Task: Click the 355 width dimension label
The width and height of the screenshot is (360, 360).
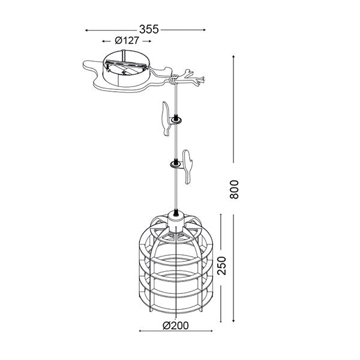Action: pos(149,29)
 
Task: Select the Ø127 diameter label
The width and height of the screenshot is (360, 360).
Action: pos(127,41)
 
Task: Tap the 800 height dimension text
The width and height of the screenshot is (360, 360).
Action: pos(234,190)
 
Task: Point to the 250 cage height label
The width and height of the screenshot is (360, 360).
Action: pos(222,266)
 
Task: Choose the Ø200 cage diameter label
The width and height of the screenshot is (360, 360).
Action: pos(176,326)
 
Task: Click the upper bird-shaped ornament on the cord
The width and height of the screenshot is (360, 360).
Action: pos(166,118)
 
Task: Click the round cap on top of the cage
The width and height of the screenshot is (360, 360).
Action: pos(176,218)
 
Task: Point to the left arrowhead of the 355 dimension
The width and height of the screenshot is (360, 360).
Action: pos(86,30)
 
